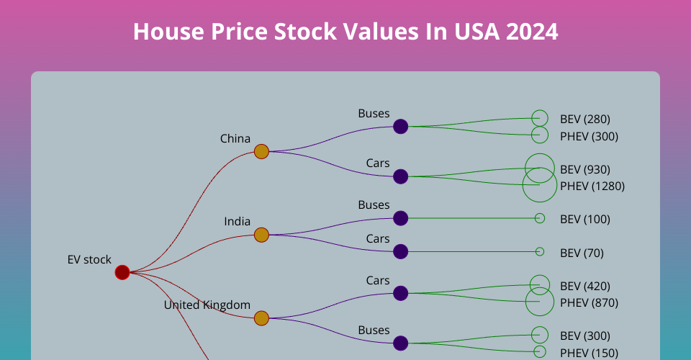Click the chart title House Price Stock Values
[x=345, y=32]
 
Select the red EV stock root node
[x=122, y=272]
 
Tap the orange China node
[x=261, y=151]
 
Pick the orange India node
[x=261, y=235]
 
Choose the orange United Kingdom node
[x=261, y=318]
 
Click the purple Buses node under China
[x=401, y=127]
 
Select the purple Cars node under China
[x=401, y=176]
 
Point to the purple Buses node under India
[x=401, y=218]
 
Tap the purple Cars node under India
[x=401, y=251]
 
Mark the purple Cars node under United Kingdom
[x=401, y=293]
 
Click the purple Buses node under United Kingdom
[x=401, y=343]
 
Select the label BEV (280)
[x=584, y=119]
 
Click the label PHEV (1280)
[x=592, y=186]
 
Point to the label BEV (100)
[x=584, y=219]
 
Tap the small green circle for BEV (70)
[x=540, y=251]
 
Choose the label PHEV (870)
[x=589, y=302]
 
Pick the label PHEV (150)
[x=589, y=352]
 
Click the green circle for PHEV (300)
[x=540, y=135]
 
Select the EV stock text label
[x=89, y=259]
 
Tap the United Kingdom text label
[x=207, y=305]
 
